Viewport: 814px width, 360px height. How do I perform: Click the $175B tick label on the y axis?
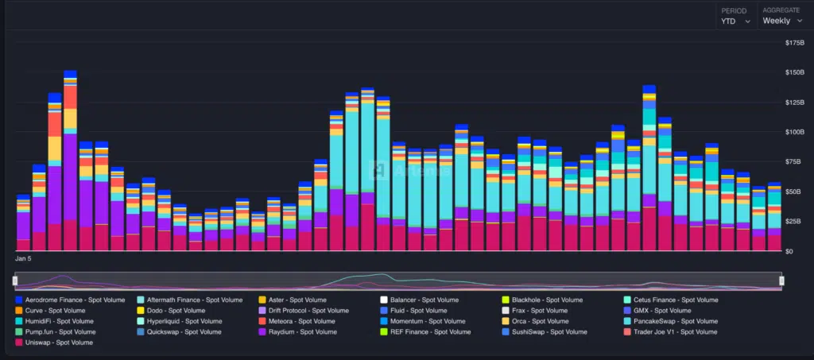pyautogui.click(x=795, y=42)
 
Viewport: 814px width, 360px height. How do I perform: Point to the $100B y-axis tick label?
pyautogui.click(x=795, y=132)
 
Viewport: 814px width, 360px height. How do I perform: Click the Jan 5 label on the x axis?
pyautogui.click(x=24, y=259)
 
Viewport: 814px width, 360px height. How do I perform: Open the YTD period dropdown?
pyautogui.click(x=735, y=21)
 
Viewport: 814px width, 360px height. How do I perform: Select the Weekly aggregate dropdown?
pyautogui.click(x=781, y=21)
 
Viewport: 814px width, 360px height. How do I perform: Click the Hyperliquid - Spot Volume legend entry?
pyautogui.click(x=187, y=321)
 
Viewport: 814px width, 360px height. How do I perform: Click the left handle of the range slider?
pyautogui.click(x=16, y=281)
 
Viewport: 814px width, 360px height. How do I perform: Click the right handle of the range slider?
pyautogui.click(x=781, y=281)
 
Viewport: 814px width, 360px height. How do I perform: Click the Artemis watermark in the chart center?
pyautogui.click(x=397, y=168)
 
